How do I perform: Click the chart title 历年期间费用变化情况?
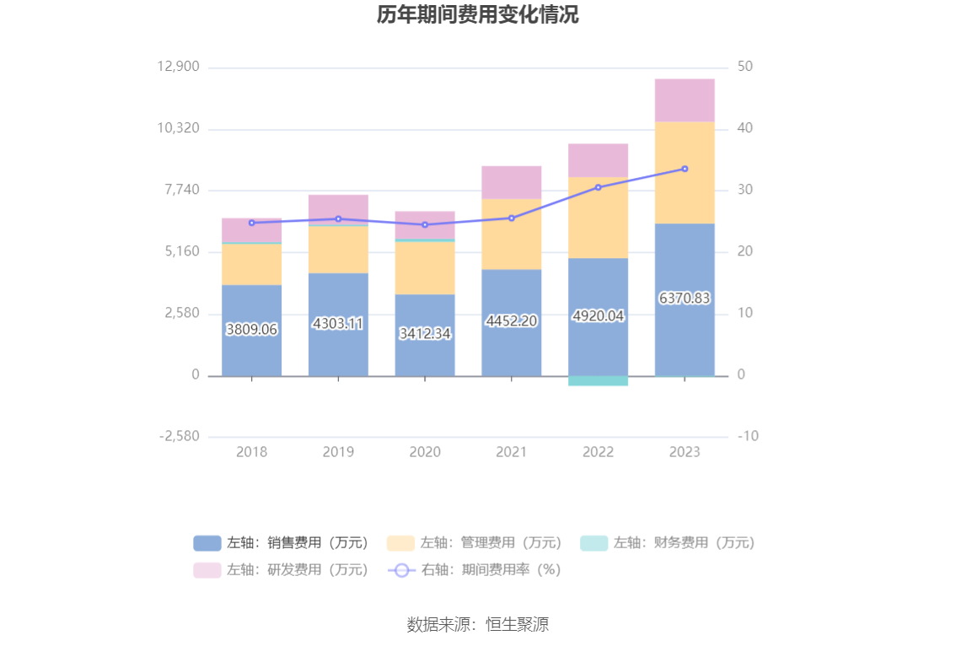[x=477, y=15]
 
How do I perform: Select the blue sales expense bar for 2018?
[x=251, y=354]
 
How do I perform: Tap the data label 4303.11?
[x=338, y=323]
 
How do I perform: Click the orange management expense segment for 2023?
[x=685, y=173]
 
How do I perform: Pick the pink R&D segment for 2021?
[x=512, y=182]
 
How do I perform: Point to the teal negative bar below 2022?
[x=598, y=380]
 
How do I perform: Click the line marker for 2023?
[x=685, y=169]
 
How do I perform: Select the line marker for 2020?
[x=425, y=225]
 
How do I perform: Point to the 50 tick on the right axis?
[x=745, y=67]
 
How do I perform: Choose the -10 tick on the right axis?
[x=748, y=437]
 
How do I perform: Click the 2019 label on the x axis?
[x=338, y=452]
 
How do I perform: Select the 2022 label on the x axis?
[x=598, y=452]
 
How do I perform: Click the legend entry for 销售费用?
[x=282, y=543]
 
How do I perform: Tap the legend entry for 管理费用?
[x=475, y=543]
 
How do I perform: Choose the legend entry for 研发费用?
[x=282, y=570]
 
